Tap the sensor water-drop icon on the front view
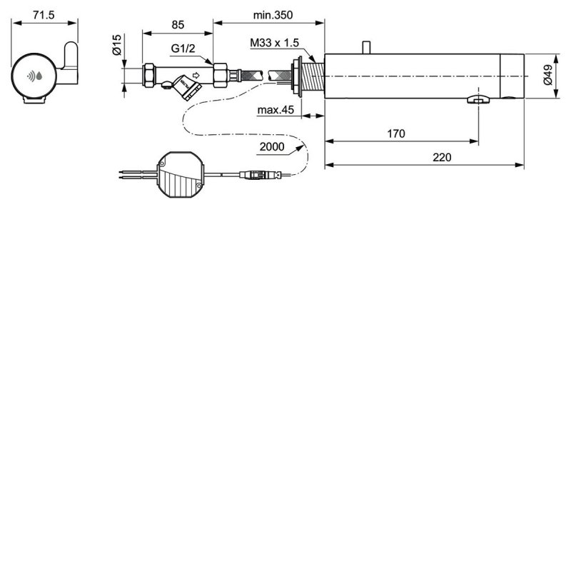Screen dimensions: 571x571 point(34,76)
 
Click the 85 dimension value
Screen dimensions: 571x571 point(178,24)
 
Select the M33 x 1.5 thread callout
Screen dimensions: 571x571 point(276,43)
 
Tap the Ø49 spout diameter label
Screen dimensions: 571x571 point(548,76)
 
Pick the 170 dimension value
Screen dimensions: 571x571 point(397,133)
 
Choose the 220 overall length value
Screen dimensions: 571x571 point(442,158)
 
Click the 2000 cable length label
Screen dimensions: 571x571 point(272,146)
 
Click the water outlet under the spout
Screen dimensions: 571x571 point(477,101)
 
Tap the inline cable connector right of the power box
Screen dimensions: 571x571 point(256,173)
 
